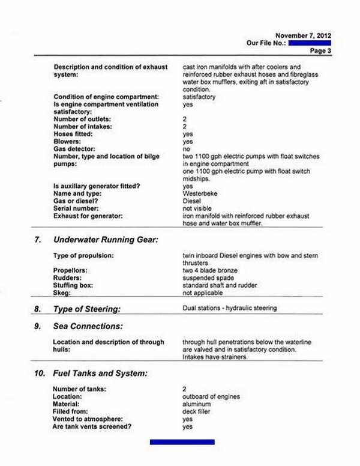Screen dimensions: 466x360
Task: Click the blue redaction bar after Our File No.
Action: click(309, 43)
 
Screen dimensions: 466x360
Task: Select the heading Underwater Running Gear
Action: click(106, 240)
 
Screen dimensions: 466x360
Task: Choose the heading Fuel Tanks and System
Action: click(100, 373)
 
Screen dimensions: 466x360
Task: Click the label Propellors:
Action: click(73, 271)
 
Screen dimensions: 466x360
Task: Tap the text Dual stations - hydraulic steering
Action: click(229, 309)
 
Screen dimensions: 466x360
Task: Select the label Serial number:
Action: click(77, 208)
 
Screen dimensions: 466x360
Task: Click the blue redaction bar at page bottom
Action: click(182, 442)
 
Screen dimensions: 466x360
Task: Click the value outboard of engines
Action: click(211, 397)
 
